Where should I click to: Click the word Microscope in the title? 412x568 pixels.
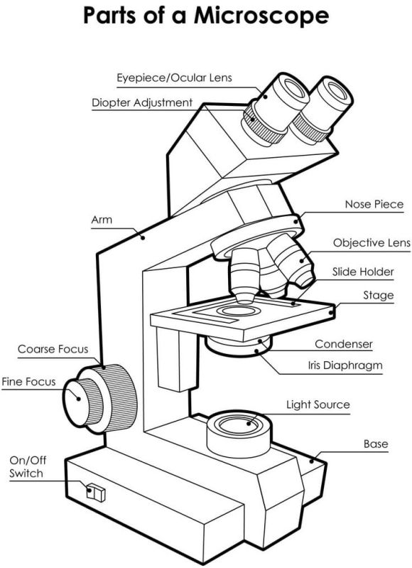(x=261, y=16)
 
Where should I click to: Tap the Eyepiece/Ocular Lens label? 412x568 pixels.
(x=174, y=78)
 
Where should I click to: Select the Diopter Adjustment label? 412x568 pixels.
(x=142, y=102)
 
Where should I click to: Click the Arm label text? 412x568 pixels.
(x=102, y=220)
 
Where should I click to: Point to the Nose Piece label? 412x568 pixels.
(x=374, y=204)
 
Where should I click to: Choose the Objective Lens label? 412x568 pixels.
(x=372, y=242)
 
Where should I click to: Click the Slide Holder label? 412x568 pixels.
(x=363, y=272)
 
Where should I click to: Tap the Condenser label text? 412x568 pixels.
(x=344, y=344)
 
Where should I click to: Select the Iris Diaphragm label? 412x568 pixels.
(x=345, y=365)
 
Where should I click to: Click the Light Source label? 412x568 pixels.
(x=318, y=404)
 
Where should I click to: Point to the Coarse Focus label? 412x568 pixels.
(x=53, y=349)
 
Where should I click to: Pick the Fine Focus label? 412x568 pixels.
(x=28, y=382)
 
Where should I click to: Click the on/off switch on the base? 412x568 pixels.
(x=96, y=493)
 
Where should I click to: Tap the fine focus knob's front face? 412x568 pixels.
(x=76, y=402)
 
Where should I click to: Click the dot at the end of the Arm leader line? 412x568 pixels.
(x=143, y=237)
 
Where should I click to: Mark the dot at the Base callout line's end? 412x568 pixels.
(x=312, y=461)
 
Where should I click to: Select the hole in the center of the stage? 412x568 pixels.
(x=238, y=311)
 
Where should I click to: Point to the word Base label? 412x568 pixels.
(x=376, y=444)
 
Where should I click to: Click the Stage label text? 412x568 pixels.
(x=379, y=296)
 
